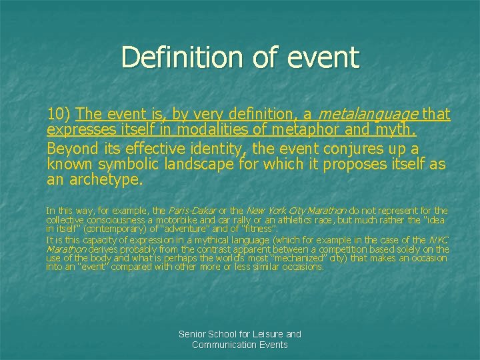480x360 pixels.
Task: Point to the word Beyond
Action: (x=71, y=147)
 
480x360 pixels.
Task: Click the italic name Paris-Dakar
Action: (x=195, y=211)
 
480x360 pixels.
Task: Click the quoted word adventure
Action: (x=155, y=229)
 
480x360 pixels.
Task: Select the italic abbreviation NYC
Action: (x=439, y=240)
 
